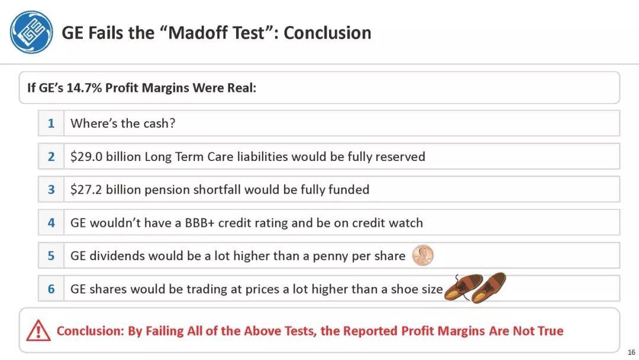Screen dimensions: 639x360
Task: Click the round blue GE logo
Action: pyautogui.click(x=31, y=32)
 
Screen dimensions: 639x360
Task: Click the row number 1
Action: pyautogui.click(x=51, y=123)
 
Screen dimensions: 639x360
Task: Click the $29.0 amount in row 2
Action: pyautogui.click(x=86, y=156)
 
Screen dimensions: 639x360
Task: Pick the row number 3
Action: pyautogui.click(x=51, y=189)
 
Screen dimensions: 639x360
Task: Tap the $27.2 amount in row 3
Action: pyautogui.click(x=86, y=189)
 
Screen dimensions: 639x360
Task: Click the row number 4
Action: pyautogui.click(x=51, y=223)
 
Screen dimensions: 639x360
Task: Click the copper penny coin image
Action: pyautogui.click(x=422, y=256)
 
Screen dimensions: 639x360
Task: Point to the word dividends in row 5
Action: pyautogui.click(x=117, y=256)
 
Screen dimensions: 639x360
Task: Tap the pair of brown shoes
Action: pyautogui.click(x=475, y=288)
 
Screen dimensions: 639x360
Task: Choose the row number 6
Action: pyautogui.click(x=51, y=289)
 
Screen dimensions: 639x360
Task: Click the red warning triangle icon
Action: pyautogui.click(x=38, y=330)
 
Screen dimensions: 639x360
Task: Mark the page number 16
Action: pyautogui.click(x=631, y=352)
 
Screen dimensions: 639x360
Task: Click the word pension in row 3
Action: pyautogui.click(x=167, y=190)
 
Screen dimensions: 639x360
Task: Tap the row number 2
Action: pyautogui.click(x=51, y=156)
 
